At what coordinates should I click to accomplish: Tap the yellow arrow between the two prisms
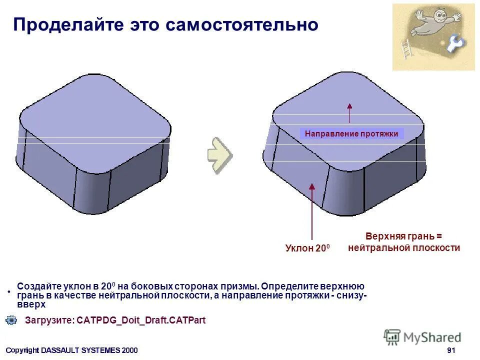point(220,154)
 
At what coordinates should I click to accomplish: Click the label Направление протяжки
point(351,133)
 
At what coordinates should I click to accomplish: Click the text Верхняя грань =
point(404,236)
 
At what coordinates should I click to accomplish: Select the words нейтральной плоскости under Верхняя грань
point(404,247)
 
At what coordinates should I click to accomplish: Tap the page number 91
point(451,350)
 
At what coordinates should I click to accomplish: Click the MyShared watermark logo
point(422,337)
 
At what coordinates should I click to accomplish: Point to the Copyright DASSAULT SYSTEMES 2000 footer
point(71,350)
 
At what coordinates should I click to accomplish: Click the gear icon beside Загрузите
point(11,320)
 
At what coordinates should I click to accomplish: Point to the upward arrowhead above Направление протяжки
point(349,105)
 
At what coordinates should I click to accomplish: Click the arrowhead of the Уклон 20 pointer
point(312,187)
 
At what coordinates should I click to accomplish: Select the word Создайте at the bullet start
point(39,286)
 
